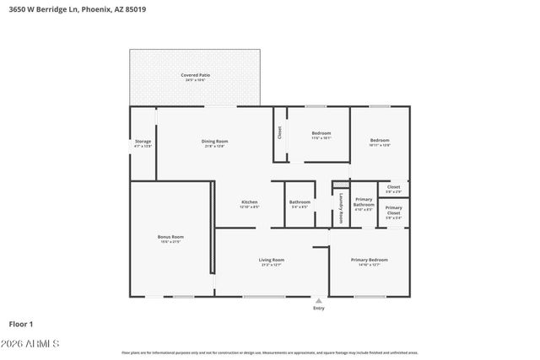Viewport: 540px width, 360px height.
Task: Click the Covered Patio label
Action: pyautogui.click(x=195, y=78)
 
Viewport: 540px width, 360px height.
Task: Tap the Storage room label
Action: pyautogui.click(x=143, y=143)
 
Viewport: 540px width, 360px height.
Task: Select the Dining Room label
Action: pyautogui.click(x=215, y=143)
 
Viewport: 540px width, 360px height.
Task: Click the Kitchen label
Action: pyautogui.click(x=250, y=204)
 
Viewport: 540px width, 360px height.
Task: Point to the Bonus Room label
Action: pyautogui.click(x=170, y=239)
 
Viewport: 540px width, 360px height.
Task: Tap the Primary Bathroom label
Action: pyautogui.click(x=364, y=202)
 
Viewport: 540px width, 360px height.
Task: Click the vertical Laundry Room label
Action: pyautogui.click(x=341, y=207)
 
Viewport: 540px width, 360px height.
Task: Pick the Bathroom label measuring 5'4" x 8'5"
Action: pyautogui.click(x=300, y=203)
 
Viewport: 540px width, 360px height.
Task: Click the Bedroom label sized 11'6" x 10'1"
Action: pyautogui.click(x=321, y=135)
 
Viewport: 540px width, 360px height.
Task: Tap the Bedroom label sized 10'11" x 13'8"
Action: pyautogui.click(x=380, y=142)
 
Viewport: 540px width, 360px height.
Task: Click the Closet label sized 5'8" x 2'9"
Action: pyautogui.click(x=394, y=189)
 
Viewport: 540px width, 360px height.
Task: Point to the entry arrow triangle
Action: pyautogui.click(x=318, y=300)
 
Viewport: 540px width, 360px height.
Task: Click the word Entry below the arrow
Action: pyautogui.click(x=318, y=308)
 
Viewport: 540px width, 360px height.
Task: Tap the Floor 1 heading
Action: pyautogui.click(x=20, y=324)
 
